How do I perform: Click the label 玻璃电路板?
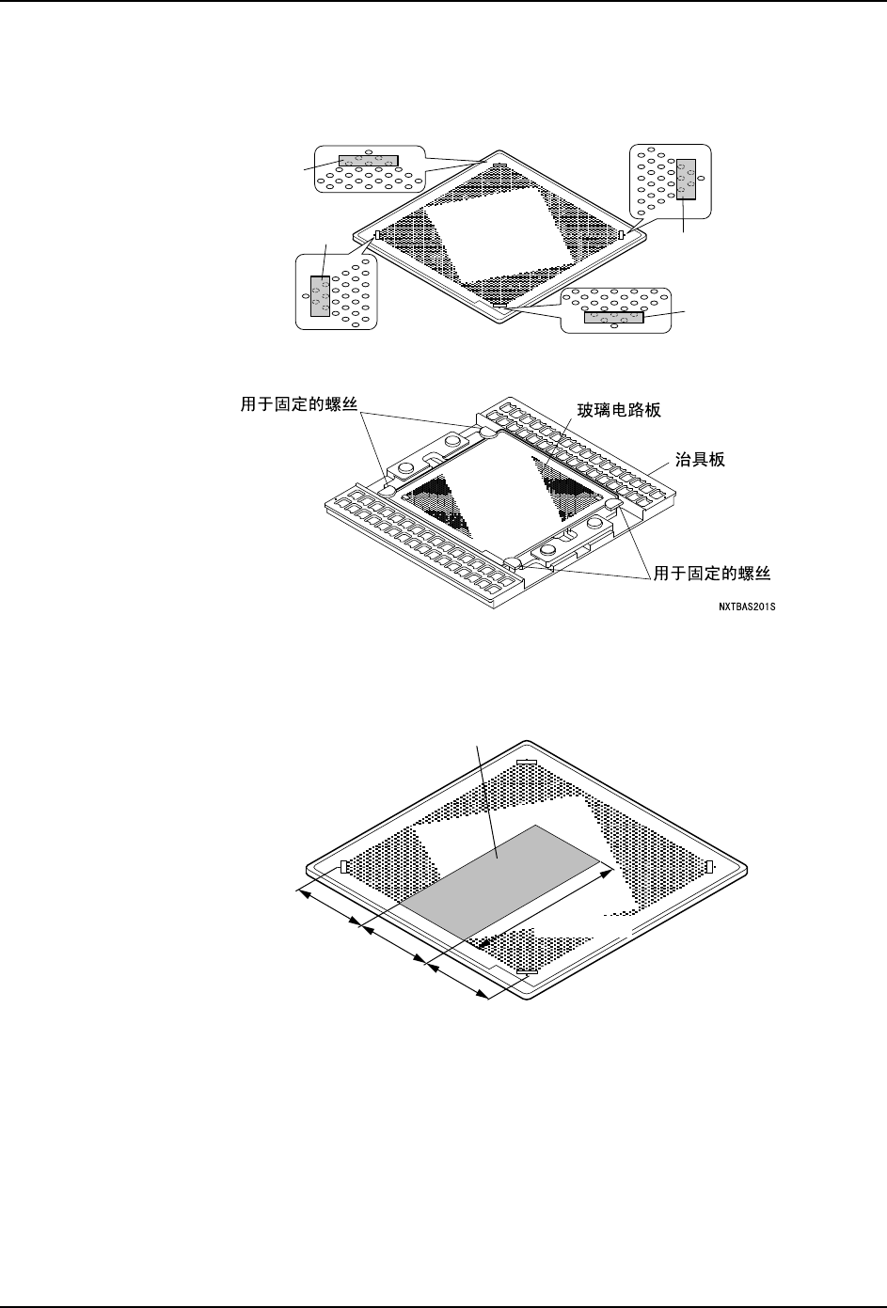point(626,411)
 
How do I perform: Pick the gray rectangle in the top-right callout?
point(687,179)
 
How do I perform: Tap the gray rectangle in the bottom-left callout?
point(321,296)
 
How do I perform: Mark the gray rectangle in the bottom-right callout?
point(614,317)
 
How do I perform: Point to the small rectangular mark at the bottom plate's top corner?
point(527,762)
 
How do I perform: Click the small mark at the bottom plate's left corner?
point(344,866)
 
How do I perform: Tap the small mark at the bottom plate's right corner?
point(709,866)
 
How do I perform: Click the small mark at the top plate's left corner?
point(377,235)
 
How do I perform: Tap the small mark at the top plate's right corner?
point(622,233)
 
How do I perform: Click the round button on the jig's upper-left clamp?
point(451,441)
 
